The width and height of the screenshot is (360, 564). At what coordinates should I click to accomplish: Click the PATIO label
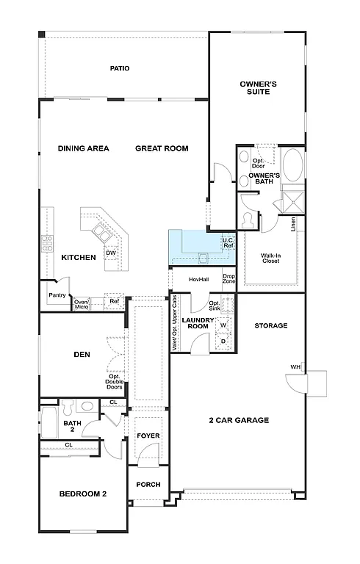click(120, 68)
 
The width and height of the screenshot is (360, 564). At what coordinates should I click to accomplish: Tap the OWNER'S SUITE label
click(259, 87)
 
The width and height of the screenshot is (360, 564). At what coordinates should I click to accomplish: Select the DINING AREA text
click(84, 148)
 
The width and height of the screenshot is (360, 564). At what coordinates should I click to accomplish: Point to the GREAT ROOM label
click(162, 148)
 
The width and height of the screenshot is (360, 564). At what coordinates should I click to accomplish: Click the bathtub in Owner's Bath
click(293, 166)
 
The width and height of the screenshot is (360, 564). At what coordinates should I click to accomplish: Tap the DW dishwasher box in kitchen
click(111, 253)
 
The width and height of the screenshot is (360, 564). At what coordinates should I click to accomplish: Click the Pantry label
click(57, 295)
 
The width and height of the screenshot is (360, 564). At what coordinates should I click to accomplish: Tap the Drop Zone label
click(228, 278)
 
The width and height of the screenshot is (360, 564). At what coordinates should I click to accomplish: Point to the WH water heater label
click(294, 367)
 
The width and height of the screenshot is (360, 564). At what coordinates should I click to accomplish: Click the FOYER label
click(148, 436)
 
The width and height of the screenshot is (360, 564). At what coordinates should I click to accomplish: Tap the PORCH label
click(148, 485)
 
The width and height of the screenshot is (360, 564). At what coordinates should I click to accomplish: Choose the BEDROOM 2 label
click(83, 493)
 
